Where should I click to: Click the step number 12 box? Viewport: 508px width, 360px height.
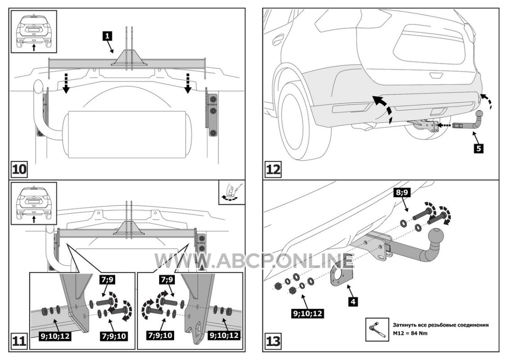tap(273, 170)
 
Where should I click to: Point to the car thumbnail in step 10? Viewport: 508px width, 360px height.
tap(34, 31)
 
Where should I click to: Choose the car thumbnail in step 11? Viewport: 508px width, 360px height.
tap(34, 202)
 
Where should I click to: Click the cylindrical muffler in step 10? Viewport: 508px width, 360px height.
tap(125, 134)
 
